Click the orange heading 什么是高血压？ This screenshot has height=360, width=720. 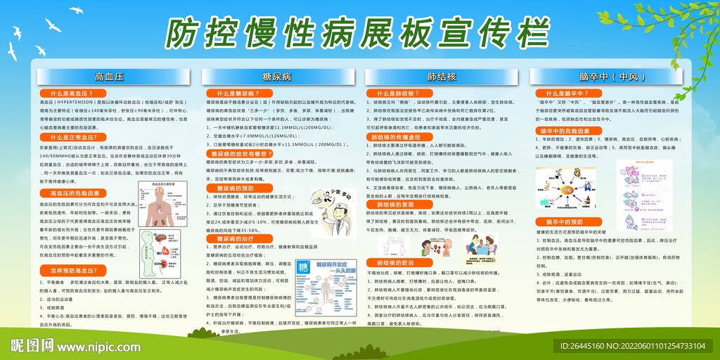click(x=74, y=93)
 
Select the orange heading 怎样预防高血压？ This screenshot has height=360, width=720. click(x=73, y=270)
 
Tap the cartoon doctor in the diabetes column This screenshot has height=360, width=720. click(x=331, y=211)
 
